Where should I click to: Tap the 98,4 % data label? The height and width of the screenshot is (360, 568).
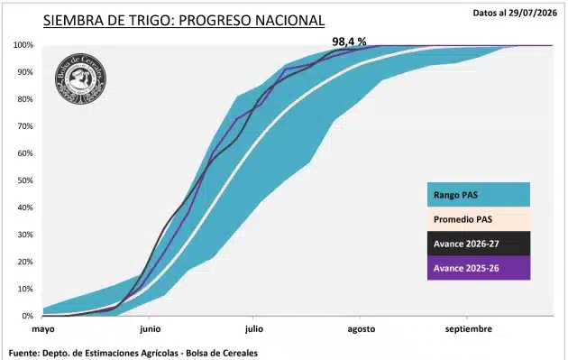click(x=349, y=42)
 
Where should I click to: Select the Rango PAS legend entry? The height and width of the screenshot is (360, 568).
click(x=479, y=195)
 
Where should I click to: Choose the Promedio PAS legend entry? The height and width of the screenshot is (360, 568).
click(x=479, y=219)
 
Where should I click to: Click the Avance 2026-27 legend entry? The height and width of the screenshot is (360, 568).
click(x=479, y=244)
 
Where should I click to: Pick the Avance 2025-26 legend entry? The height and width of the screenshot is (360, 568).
click(x=479, y=268)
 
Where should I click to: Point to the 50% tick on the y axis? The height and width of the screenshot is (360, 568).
click(x=25, y=180)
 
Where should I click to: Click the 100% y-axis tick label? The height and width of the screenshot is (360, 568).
click(x=23, y=45)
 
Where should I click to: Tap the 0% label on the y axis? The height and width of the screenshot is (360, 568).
click(x=28, y=316)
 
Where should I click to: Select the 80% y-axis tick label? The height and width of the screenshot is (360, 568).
click(x=25, y=99)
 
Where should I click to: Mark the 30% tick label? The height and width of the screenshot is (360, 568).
click(x=25, y=235)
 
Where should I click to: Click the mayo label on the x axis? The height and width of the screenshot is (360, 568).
click(x=43, y=329)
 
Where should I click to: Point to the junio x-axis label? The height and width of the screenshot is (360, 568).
click(x=150, y=329)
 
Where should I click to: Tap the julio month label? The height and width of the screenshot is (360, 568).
click(x=254, y=329)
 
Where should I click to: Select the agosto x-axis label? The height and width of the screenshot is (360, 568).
click(x=362, y=329)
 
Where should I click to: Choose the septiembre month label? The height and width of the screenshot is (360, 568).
click(x=469, y=329)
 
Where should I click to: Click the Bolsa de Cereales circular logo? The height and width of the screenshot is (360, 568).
click(x=80, y=79)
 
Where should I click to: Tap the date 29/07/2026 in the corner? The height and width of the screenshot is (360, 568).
click(x=533, y=13)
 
